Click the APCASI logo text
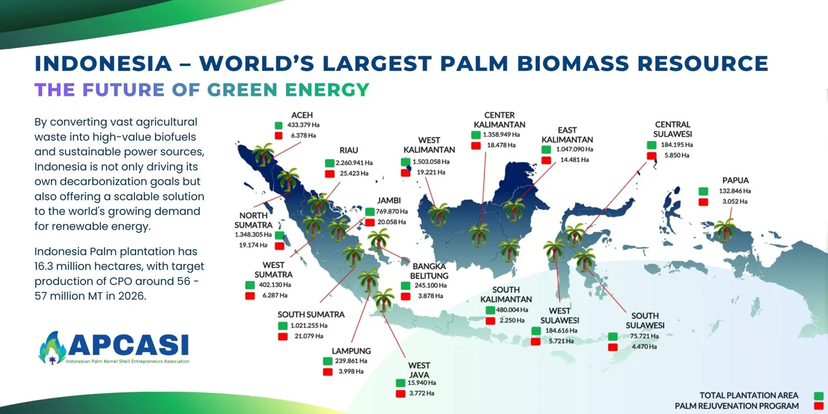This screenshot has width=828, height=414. click(x=129, y=345)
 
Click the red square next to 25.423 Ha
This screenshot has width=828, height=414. click(x=330, y=173)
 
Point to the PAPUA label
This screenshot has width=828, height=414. click(x=735, y=180)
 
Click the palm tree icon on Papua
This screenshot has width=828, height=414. click(x=725, y=229)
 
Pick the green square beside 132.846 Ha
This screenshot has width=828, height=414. click(x=703, y=191)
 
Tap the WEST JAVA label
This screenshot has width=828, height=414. click(x=419, y=370)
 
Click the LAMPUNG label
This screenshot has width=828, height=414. click(x=351, y=351)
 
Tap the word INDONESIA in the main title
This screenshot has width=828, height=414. click(x=103, y=63)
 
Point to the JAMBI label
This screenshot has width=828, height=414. click(x=389, y=200)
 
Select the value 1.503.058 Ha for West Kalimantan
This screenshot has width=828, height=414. click(x=431, y=162)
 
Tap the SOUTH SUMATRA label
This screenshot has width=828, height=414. click(x=311, y=314)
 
